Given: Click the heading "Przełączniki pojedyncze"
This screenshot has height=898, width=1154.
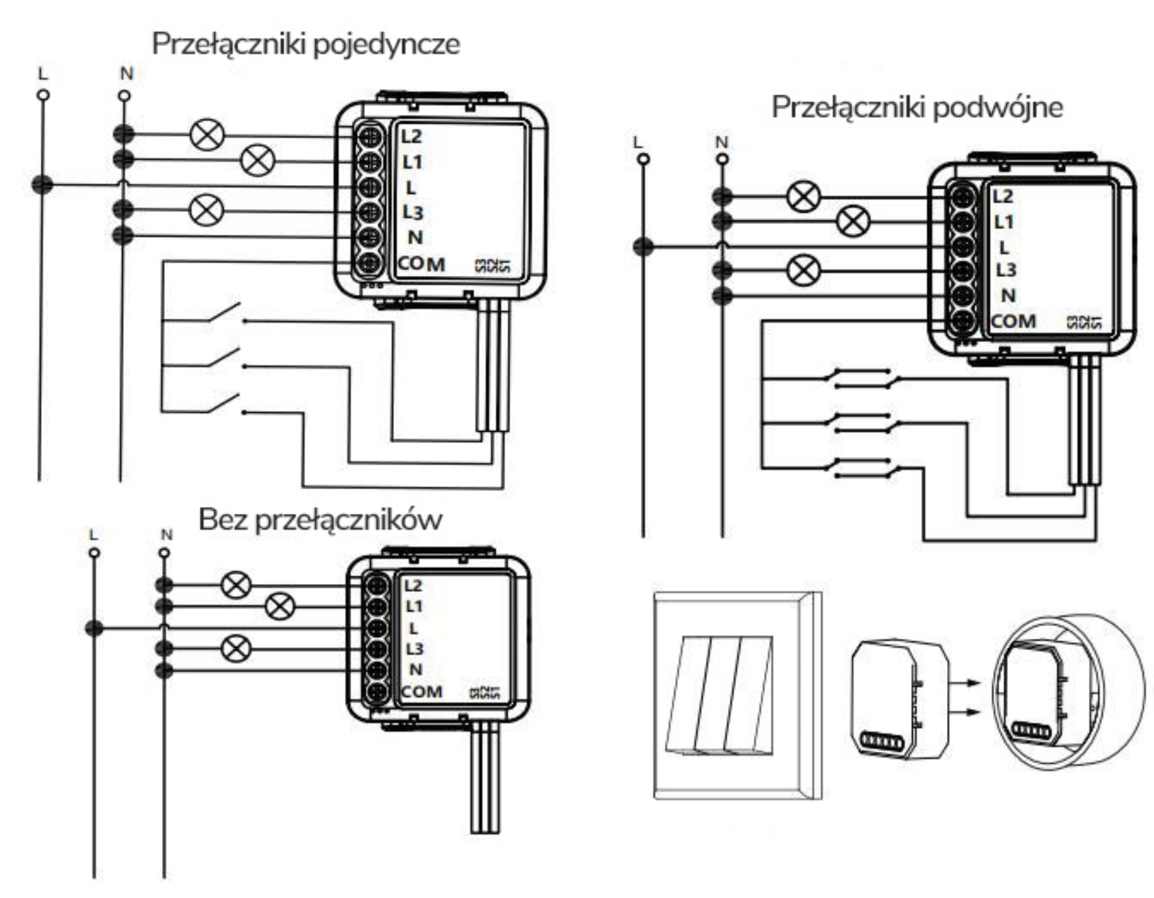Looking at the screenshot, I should click(306, 44).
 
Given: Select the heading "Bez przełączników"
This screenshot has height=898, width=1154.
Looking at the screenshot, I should click(320, 519).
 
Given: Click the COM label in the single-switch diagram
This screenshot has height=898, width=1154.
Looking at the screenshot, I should click(421, 264).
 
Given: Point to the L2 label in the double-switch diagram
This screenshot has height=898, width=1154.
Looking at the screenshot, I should click(1002, 196).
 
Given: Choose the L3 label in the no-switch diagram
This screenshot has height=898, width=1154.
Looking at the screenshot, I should click(414, 648).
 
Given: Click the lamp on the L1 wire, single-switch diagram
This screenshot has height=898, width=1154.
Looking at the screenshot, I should click(257, 160).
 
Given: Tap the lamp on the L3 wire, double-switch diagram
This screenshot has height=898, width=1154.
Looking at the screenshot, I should click(804, 271).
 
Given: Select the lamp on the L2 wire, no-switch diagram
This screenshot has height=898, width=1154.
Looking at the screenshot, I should click(236, 585).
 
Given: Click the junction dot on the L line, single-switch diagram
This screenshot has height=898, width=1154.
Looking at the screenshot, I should click(43, 184).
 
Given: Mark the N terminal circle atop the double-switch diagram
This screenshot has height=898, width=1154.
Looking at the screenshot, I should click(722, 159).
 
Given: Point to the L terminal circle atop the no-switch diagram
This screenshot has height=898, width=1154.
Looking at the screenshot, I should click(94, 553).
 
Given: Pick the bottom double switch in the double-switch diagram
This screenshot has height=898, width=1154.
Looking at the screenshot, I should click(861, 468).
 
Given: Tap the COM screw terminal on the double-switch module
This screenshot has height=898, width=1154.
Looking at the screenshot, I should click(962, 321).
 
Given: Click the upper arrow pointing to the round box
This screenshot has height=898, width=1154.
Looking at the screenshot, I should click(965, 683).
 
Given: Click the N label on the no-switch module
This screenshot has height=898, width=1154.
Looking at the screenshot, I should click(415, 669).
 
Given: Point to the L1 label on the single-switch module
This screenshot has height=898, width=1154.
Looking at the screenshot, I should click(412, 162).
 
